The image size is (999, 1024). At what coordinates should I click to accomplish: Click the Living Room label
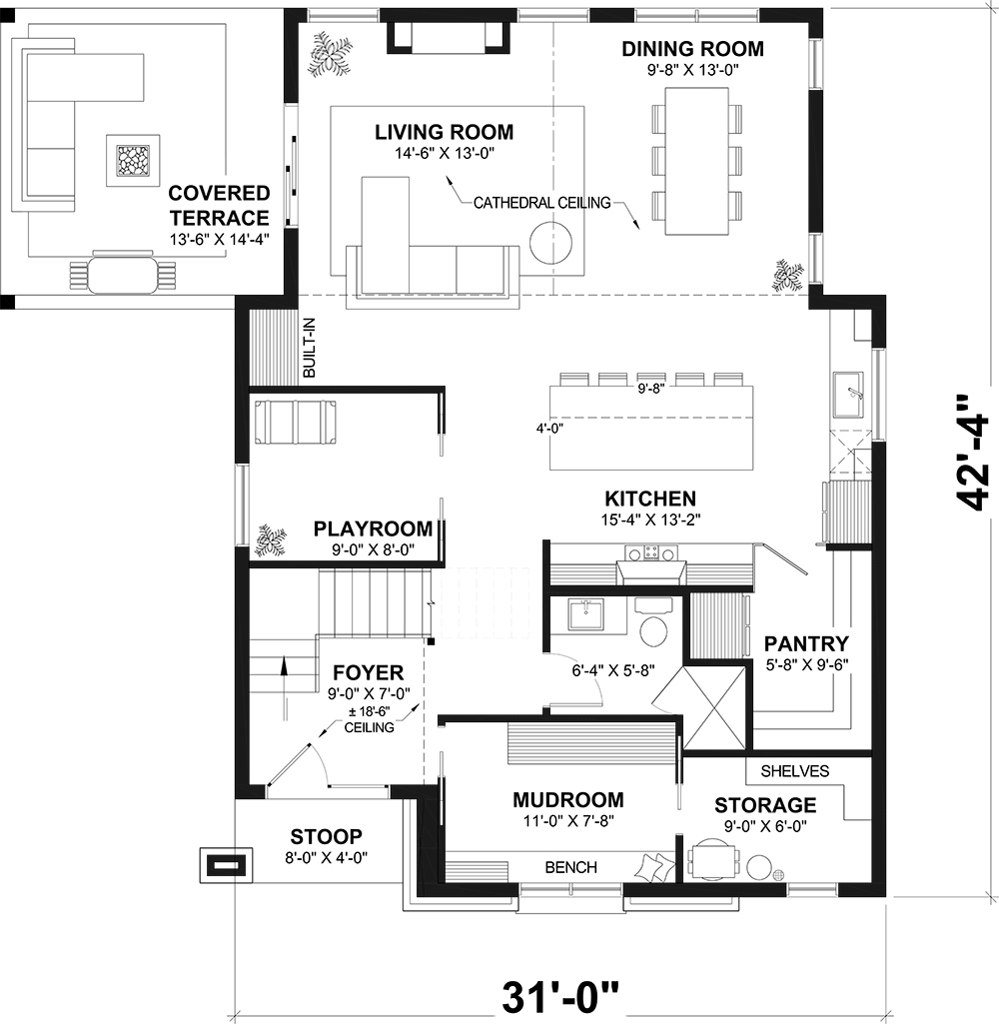coord(444,132)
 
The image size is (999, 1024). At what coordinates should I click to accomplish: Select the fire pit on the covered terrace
coord(131,161)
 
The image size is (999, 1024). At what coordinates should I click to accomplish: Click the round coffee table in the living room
coord(549,243)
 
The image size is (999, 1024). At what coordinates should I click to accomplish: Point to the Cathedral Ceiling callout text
coord(541,203)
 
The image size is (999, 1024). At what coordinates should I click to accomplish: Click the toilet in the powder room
coord(654,627)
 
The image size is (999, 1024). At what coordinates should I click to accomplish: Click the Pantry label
coord(806,643)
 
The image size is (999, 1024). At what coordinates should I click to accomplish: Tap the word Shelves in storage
coord(795,771)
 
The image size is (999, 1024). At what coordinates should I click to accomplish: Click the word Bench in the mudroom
coord(571,867)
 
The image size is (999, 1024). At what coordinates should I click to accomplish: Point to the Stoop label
coord(327,836)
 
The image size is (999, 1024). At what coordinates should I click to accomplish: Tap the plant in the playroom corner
coord(269,539)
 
